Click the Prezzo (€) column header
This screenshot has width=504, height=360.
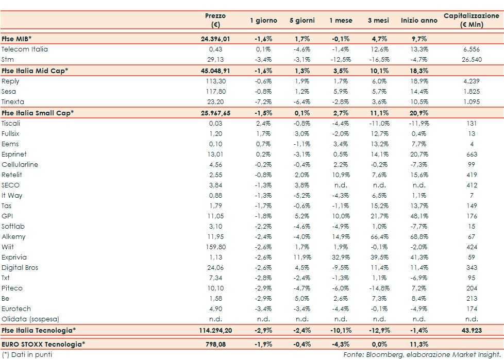pos(215,20)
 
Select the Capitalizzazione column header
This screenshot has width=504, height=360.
pos(471,20)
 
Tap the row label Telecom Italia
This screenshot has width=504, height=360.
pos(25,49)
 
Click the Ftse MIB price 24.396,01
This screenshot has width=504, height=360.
pos(215,39)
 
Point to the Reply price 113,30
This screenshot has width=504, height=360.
pos(218,81)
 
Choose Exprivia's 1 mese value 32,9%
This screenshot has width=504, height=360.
pos(341,258)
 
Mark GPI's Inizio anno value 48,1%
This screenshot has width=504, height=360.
pos(418,216)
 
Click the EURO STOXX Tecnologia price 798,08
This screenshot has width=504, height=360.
pos(218,344)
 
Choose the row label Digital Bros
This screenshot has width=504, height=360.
pos(20,268)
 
